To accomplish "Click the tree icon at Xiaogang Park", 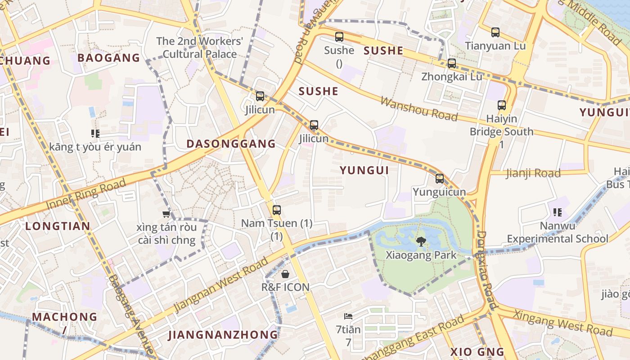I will pyautogui.click(x=421, y=242).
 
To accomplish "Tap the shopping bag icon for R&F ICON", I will pyautogui.click(x=285, y=274).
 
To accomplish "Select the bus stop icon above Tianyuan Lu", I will pyautogui.click(x=495, y=32).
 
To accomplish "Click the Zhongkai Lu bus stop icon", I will pyautogui.click(x=451, y=63).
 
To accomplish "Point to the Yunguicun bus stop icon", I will pyautogui.click(x=440, y=179).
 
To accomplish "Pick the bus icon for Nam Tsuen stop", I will pyautogui.click(x=277, y=210).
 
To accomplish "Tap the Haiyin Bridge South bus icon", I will pyautogui.click(x=502, y=106).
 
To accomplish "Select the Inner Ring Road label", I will pyautogui.click(x=85, y=194).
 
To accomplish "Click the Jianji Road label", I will pyautogui.click(x=533, y=173).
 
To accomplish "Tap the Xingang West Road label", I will pyautogui.click(x=562, y=323).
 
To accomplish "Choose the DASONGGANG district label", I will pyautogui.click(x=231, y=144).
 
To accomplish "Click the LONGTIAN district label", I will pyautogui.click(x=58, y=226).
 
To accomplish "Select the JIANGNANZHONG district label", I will pyautogui.click(x=223, y=335).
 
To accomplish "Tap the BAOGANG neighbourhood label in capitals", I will pyautogui.click(x=109, y=58).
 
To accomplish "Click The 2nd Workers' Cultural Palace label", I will pyautogui.click(x=199, y=48).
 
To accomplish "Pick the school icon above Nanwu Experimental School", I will pyautogui.click(x=558, y=212).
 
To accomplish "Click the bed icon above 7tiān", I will pyautogui.click(x=348, y=316).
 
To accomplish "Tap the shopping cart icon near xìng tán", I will pyautogui.click(x=166, y=214).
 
